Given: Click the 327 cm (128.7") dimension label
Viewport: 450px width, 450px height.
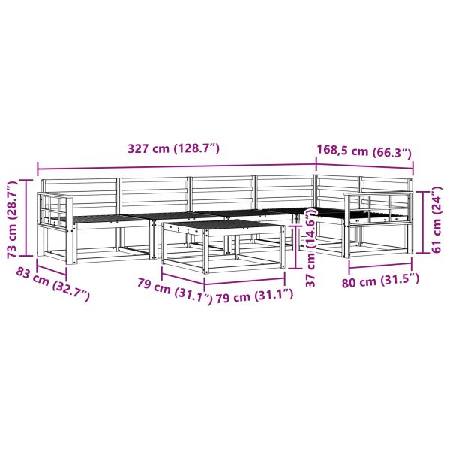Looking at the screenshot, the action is click(x=173, y=149).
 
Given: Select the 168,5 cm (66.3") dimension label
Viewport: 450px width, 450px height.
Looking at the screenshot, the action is click(x=364, y=151).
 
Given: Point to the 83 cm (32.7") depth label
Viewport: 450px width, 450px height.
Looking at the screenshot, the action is click(x=52, y=284).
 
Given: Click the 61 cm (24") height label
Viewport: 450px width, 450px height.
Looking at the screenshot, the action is click(x=436, y=220).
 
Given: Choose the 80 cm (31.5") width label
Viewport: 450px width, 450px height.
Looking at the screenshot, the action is click(x=380, y=280).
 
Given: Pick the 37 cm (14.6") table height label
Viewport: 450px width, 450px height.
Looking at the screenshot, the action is click(x=311, y=247).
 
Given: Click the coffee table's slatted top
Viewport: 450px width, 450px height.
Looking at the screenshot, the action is click(x=223, y=226).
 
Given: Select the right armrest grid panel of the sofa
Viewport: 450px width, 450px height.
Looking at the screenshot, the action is click(x=379, y=208).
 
